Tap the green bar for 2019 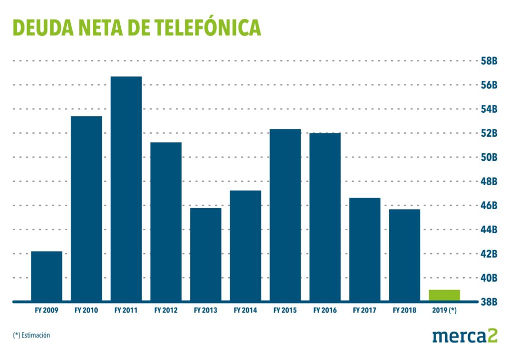[x=444, y=295]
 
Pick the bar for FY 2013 [x=206, y=254]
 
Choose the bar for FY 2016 [x=325, y=217]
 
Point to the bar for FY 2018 [x=405, y=255]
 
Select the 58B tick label [x=489, y=61]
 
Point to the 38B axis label [x=489, y=302]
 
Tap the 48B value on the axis [x=489, y=181]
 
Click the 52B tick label [x=489, y=133]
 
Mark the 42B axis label [x=489, y=254]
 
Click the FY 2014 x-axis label [x=245, y=311]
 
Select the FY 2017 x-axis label [x=364, y=311]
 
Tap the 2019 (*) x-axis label [x=444, y=311]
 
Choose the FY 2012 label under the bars [x=166, y=311]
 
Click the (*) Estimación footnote [x=32, y=336]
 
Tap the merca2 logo [x=465, y=336]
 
